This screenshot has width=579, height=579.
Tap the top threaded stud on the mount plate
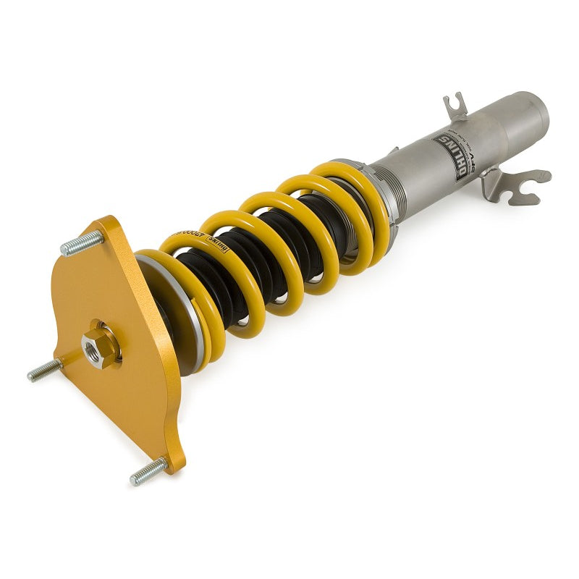pyautogui.click(x=81, y=243)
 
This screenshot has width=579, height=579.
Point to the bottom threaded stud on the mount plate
pyautogui.click(x=148, y=473)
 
